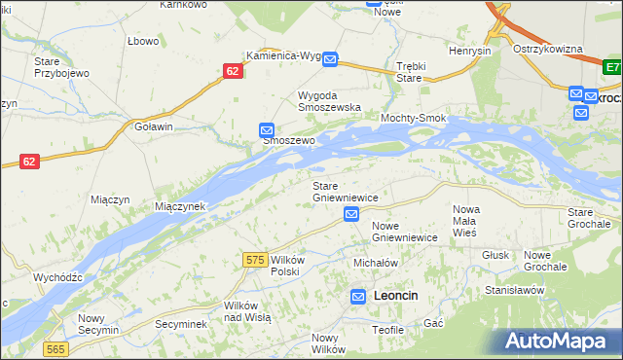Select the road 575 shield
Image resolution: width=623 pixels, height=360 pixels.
(256, 260)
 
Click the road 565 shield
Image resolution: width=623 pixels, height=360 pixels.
(55, 348)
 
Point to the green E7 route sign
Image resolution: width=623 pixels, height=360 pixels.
(612, 68)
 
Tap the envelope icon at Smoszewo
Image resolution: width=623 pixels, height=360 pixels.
(267, 129)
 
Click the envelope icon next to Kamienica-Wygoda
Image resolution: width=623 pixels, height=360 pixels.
(330, 59)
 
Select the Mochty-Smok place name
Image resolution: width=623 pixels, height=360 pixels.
(414, 118)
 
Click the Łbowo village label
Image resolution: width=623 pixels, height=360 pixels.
(143, 41)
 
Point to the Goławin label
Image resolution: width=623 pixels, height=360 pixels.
(154, 126)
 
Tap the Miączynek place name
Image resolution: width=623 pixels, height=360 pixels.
(180, 206)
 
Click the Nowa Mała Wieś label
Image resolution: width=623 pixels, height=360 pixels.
(466, 221)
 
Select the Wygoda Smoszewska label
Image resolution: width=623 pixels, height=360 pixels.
(329, 101)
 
